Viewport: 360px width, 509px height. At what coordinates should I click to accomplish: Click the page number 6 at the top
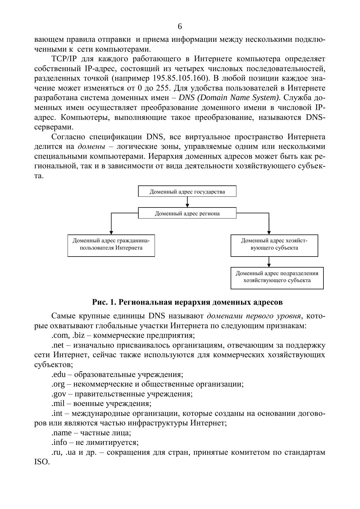click(180, 27)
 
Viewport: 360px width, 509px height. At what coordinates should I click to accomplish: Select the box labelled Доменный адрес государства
click(187, 192)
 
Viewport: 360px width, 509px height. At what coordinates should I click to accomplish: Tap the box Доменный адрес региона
click(187, 213)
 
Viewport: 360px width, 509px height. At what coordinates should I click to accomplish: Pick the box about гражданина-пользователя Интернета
click(111, 245)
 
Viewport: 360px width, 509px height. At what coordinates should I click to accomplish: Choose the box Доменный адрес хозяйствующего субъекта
click(274, 245)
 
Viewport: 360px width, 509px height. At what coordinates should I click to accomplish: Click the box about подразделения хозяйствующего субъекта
click(277, 278)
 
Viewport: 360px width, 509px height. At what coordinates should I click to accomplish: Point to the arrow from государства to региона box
click(187, 202)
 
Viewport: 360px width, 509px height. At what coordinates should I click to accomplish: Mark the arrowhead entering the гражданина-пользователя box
click(111, 232)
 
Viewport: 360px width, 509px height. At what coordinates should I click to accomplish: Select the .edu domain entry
click(59, 374)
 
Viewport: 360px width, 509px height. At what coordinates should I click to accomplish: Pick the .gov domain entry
click(59, 394)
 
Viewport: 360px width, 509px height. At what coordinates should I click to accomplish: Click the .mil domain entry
click(58, 404)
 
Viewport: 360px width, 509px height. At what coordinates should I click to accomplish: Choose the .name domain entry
click(61, 433)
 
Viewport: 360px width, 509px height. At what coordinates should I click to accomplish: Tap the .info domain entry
click(59, 443)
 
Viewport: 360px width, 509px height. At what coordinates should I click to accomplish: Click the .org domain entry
click(59, 384)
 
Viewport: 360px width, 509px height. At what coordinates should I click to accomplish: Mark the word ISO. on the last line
click(42, 462)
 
